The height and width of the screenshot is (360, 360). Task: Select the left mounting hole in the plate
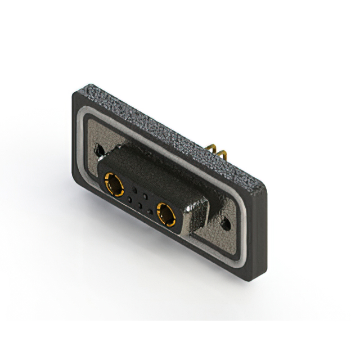pyautogui.click(x=100, y=150)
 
